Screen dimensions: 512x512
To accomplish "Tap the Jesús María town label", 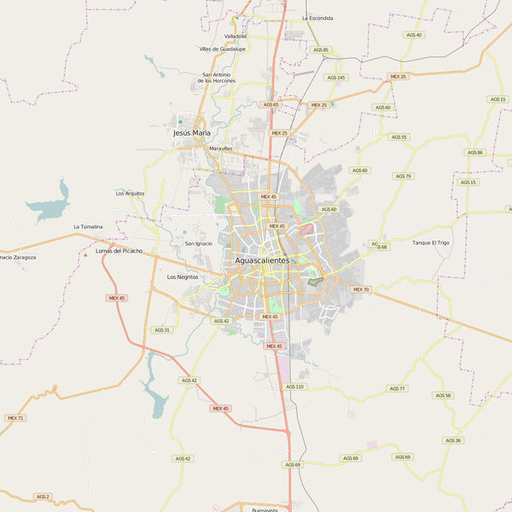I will coord(191,133).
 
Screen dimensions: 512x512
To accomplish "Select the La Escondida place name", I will coord(317,18).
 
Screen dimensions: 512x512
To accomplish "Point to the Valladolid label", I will coord(236,37).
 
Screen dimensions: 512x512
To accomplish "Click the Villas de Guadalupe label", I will coord(223,49).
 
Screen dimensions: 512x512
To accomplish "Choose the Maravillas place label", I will coord(220,148).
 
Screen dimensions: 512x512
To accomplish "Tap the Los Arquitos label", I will coord(130,194).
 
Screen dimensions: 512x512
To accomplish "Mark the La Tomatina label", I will coord(88,226).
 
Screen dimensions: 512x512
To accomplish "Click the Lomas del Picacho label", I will coord(119,251).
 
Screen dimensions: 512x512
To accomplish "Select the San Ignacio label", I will coord(198,243).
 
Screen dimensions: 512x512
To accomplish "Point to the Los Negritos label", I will coord(183,277).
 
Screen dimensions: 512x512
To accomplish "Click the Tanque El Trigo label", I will coord(430,243).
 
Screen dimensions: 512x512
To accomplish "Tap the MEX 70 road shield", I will coord(361,289).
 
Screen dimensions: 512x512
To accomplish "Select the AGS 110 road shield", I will coord(294,387).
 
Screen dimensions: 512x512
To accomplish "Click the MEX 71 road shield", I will coord(15,417).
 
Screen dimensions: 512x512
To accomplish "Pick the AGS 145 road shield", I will coord(336,78).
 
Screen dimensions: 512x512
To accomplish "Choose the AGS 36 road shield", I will coord(452,440).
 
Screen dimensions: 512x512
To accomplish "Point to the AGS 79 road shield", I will coord(403,176).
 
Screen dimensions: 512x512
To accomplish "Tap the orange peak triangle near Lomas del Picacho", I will coord(85,253).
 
